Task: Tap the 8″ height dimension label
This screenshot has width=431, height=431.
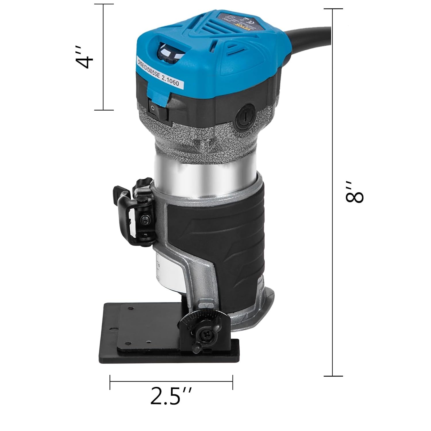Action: click(354, 192)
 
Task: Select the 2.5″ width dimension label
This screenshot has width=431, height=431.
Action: click(171, 396)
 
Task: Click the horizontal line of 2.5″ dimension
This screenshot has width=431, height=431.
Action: click(171, 382)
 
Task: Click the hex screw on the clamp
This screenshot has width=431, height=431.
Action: click(144, 220)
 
